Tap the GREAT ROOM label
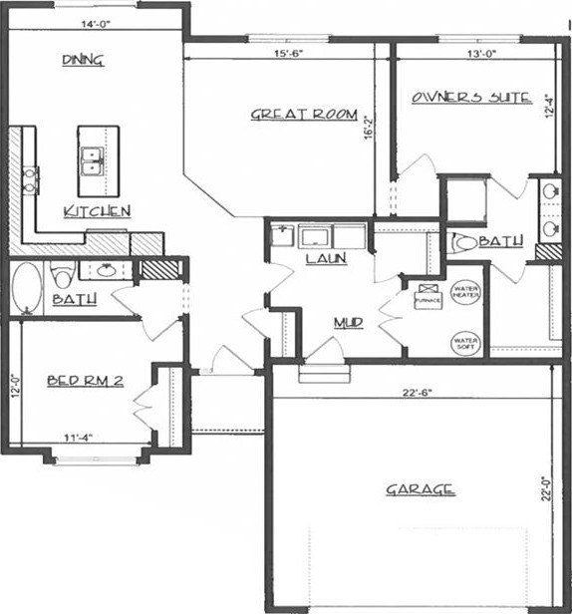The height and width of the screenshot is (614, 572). click(x=302, y=116)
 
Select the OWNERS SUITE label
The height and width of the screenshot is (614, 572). click(x=469, y=98)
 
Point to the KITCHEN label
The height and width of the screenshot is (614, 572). click(x=97, y=210)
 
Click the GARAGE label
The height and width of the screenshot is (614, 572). click(x=420, y=488)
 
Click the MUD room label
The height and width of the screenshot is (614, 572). click(x=347, y=323)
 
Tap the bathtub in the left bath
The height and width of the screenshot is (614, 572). click(x=27, y=287)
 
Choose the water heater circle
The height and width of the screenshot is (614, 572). click(x=465, y=293)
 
